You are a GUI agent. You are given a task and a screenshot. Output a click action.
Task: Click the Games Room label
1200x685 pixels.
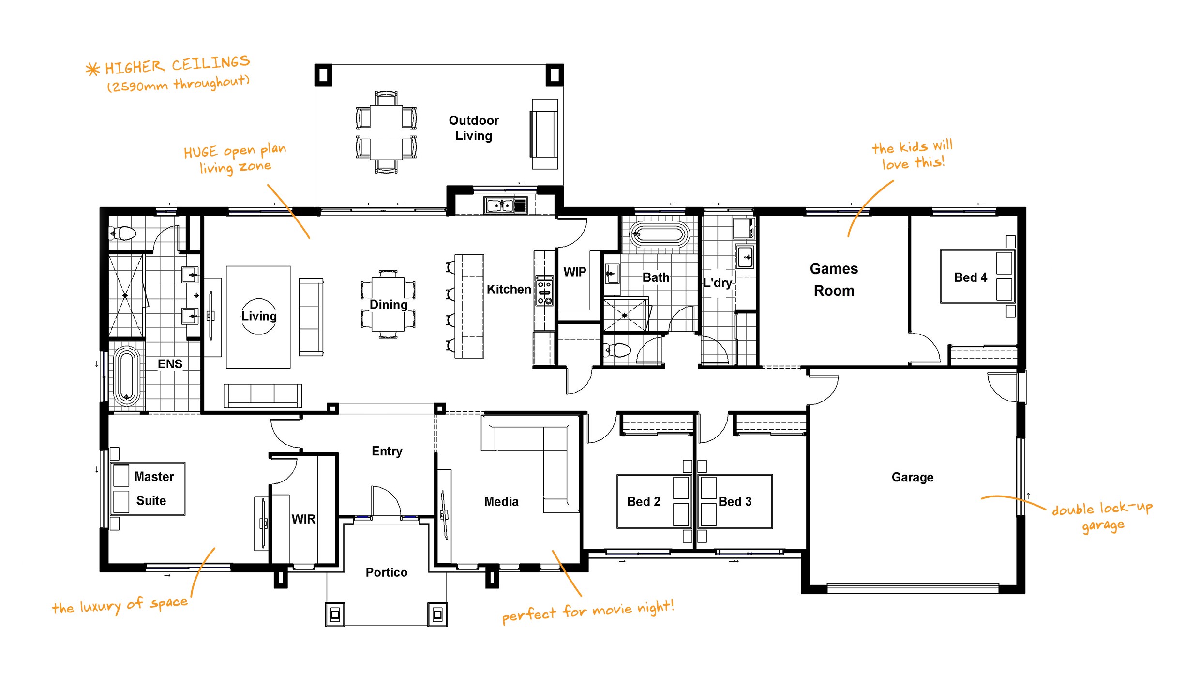tap(834, 279)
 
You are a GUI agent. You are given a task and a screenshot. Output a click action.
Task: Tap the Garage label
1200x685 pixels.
tap(912, 477)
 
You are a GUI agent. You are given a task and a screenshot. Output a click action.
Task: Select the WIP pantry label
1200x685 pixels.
tap(574, 272)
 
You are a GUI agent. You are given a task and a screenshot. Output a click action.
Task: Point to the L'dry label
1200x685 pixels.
tap(717, 282)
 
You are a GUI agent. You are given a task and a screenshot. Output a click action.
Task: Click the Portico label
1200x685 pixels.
tap(386, 572)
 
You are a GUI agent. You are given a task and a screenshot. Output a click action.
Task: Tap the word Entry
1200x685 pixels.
tap(387, 451)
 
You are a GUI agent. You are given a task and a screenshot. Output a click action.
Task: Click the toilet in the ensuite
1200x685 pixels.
tap(123, 234)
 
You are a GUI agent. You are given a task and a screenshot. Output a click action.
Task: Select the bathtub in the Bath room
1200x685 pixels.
tap(659, 235)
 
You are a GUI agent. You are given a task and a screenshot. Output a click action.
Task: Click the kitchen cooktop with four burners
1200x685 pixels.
tap(544, 291)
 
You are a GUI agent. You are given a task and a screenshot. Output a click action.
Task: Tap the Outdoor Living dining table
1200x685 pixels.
tap(386, 132)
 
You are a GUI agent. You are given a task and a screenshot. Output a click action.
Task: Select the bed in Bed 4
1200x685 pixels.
tap(976, 277)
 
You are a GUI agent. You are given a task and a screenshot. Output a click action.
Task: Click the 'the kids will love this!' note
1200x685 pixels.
tap(912, 155)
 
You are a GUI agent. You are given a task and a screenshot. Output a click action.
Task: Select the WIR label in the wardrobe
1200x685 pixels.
tap(303, 519)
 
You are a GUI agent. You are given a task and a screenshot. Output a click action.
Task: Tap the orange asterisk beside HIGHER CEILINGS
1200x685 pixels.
tap(92, 69)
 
